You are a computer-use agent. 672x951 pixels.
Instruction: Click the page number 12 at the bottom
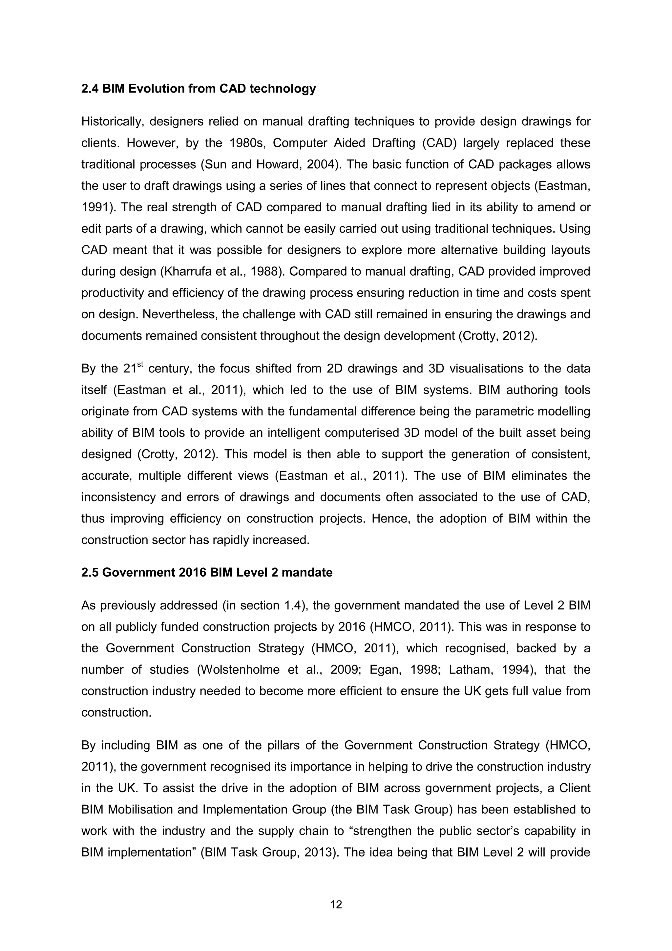tap(336, 905)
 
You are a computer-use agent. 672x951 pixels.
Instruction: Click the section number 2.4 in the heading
tap(90, 89)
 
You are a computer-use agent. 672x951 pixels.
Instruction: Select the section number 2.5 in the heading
tap(90, 572)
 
